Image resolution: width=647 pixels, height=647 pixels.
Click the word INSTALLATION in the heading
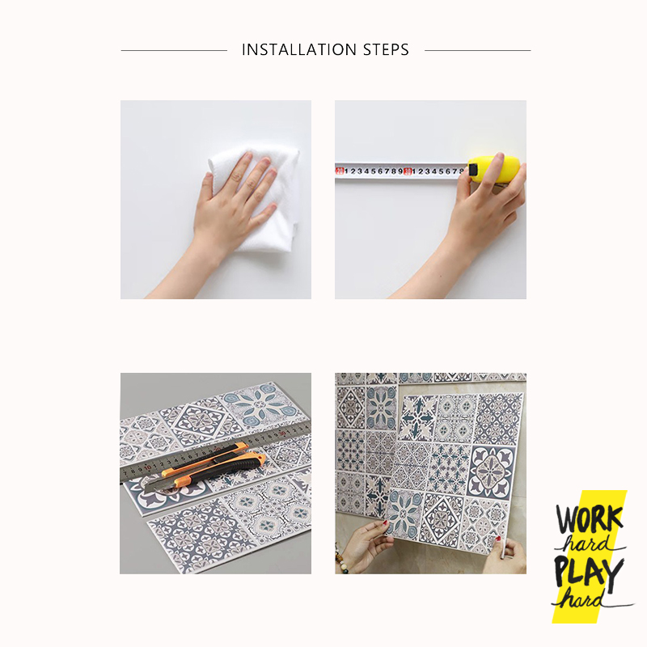(298, 50)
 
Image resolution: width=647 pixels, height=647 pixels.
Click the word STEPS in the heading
(386, 50)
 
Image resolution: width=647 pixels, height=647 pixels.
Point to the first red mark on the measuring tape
(340, 171)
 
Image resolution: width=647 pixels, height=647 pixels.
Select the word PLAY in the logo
(588, 573)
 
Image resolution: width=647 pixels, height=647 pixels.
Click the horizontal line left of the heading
(174, 51)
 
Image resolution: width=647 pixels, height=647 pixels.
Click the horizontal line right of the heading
(477, 51)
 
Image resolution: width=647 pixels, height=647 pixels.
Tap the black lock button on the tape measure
(472, 170)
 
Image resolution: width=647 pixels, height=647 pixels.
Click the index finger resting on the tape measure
(496, 168)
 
